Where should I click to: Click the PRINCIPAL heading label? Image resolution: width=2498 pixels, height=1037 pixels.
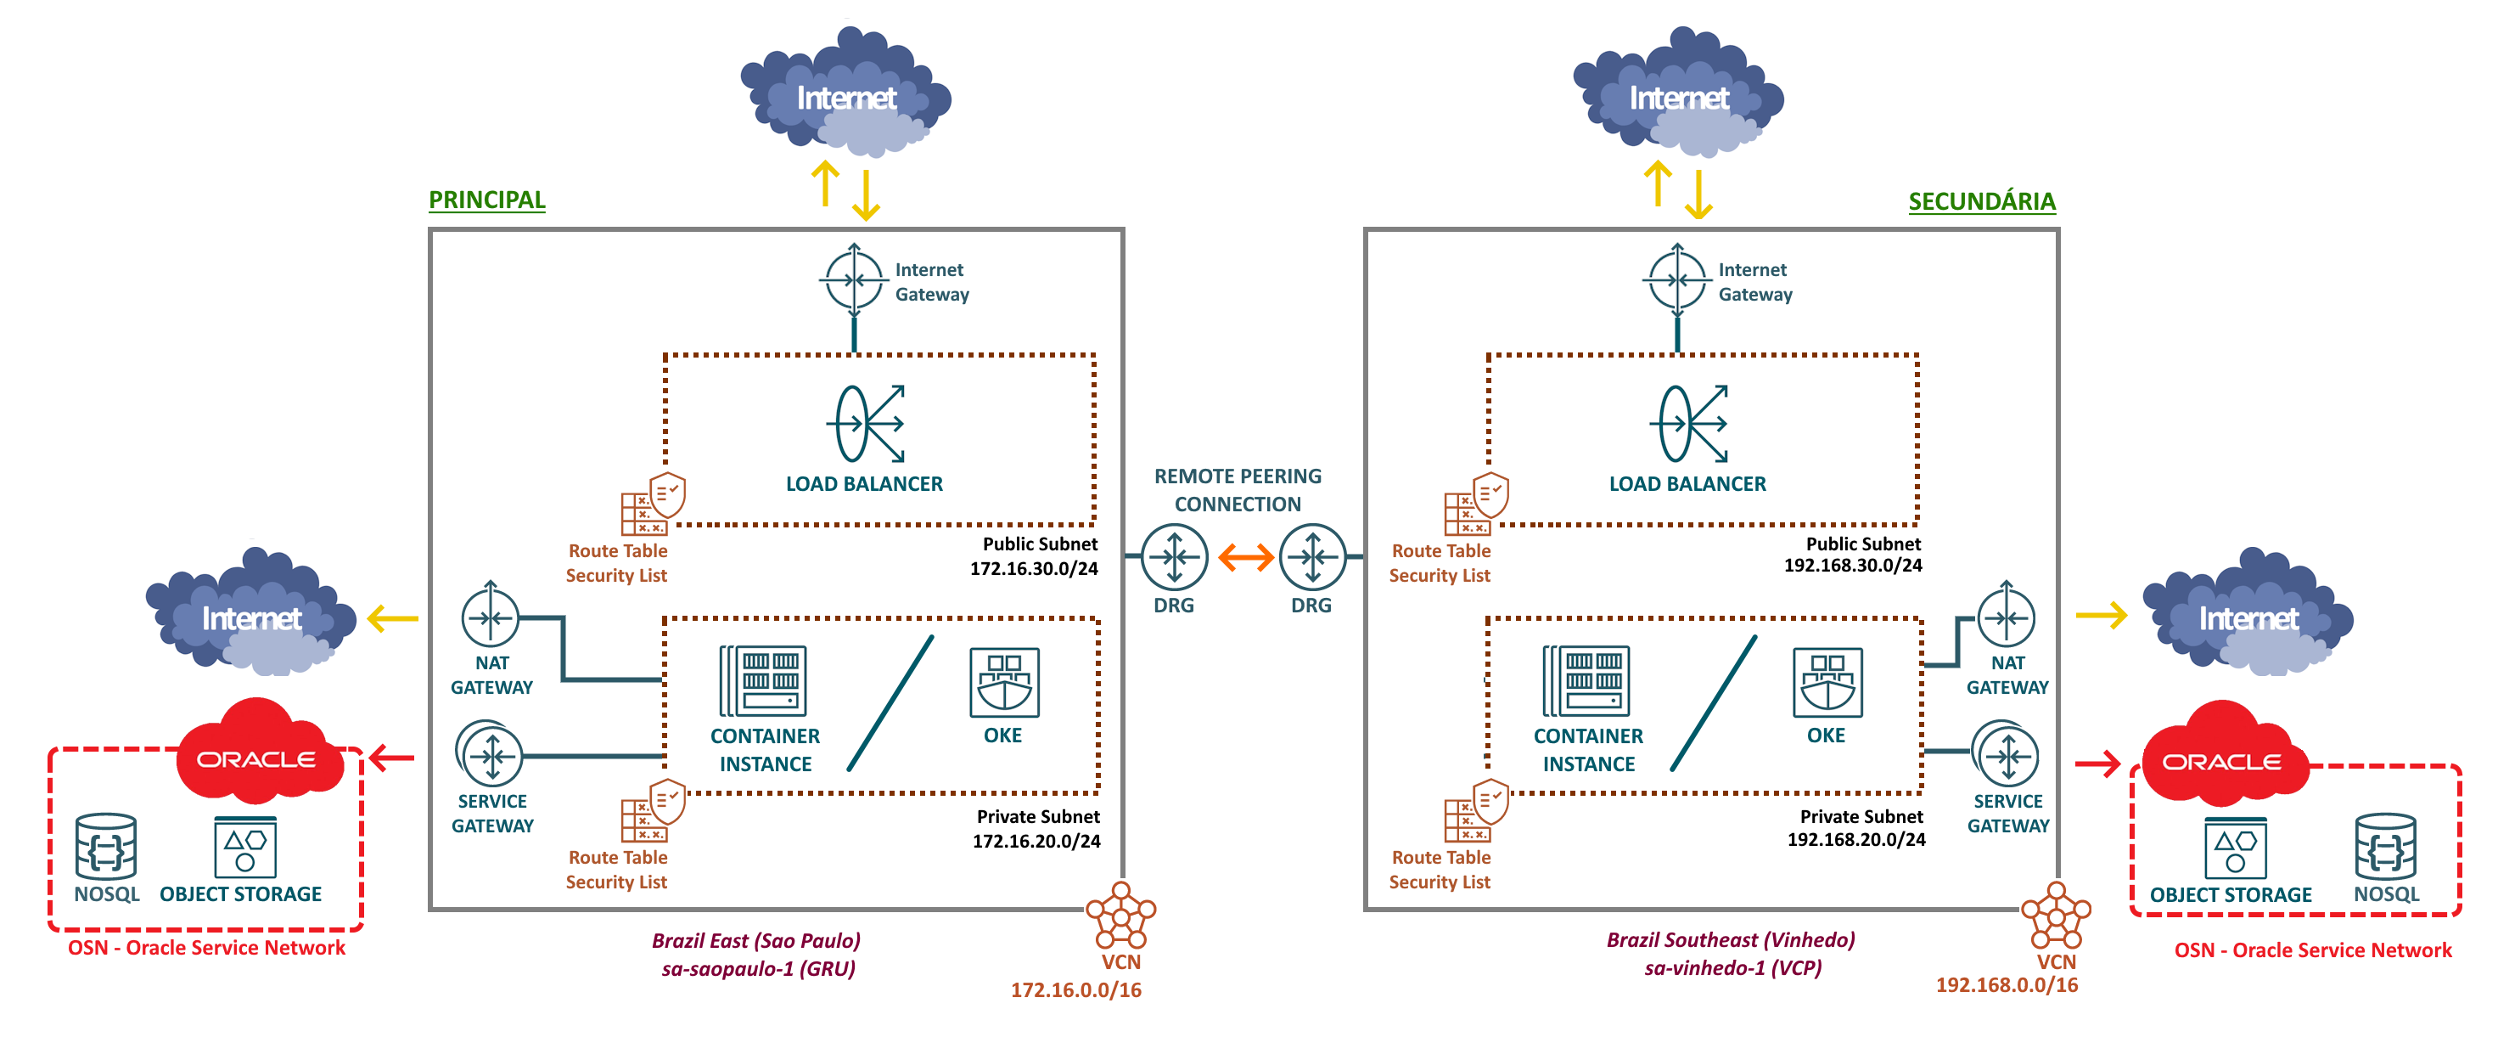[487, 200]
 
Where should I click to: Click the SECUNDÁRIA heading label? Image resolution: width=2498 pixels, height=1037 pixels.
[1981, 202]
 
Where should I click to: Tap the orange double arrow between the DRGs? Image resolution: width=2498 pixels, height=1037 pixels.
[1245, 557]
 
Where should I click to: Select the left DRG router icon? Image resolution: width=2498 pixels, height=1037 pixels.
[1175, 557]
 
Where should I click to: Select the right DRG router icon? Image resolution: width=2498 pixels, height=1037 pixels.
[1312, 557]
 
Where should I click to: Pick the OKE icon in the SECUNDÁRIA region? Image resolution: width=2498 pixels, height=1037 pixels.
[1827, 682]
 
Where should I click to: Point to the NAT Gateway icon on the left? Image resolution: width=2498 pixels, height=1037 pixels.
[491, 617]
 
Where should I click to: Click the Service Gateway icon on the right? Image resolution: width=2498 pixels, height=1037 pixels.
[2006, 755]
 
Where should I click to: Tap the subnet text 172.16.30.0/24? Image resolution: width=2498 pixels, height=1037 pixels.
[1034, 568]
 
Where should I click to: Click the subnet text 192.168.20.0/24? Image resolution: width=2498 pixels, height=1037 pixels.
[1856, 840]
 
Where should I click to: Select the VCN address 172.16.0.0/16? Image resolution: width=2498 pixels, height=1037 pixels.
[1075, 990]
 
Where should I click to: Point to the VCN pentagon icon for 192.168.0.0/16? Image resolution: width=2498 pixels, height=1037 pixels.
[2055, 914]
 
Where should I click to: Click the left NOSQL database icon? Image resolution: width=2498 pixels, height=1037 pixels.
[106, 846]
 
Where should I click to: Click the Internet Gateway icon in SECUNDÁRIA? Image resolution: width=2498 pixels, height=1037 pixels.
[1676, 280]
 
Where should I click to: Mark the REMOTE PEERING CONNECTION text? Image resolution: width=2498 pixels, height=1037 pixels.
[1238, 490]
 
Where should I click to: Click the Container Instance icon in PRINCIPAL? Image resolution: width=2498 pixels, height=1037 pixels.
[763, 681]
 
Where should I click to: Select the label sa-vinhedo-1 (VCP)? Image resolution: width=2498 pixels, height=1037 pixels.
[1732, 968]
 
